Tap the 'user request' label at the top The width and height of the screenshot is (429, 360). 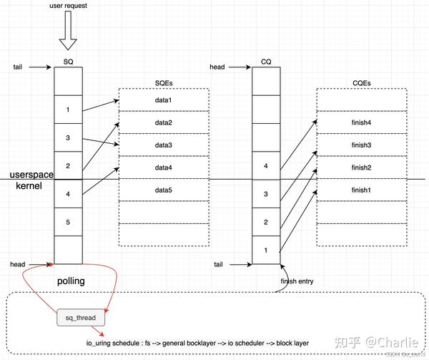(69, 6)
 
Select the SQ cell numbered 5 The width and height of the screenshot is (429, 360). (69, 222)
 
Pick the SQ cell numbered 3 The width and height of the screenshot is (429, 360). (69, 137)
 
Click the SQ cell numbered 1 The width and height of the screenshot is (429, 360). (69, 110)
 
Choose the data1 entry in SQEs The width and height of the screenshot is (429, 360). (164, 99)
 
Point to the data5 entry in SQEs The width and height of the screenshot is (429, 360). (164, 190)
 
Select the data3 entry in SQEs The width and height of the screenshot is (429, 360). (164, 145)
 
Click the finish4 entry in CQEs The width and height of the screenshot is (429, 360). (362, 122)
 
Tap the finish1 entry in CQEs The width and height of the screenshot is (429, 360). (362, 190)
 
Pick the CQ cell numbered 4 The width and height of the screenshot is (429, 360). (266, 166)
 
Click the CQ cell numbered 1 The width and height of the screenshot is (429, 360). (266, 250)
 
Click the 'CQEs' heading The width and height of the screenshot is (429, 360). (361, 84)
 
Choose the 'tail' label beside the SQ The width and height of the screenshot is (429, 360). (18, 67)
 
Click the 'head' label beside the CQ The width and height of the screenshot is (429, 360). (217, 67)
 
